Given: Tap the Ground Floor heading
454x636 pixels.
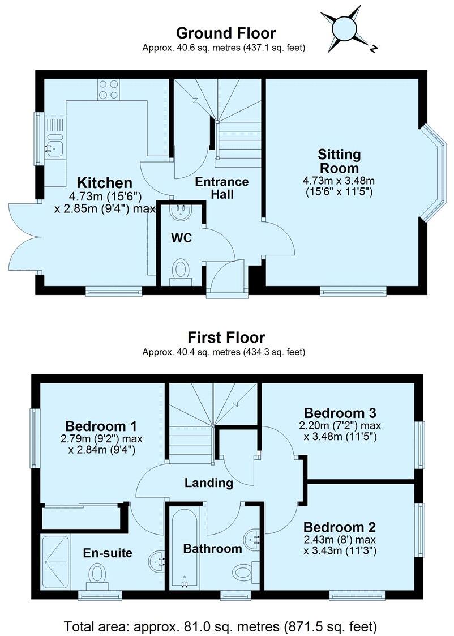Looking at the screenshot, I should click(226, 33).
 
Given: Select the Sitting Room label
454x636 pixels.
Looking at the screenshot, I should click(339, 161).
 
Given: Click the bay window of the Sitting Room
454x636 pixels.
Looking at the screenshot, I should click(435, 173).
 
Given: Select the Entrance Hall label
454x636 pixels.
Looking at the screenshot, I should click(221, 188).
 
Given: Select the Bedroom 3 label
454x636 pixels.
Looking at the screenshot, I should click(340, 412).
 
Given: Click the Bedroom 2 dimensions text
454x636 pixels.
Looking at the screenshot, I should click(339, 545).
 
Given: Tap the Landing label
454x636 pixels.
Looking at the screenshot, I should click(209, 483).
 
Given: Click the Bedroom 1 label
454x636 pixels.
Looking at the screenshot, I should click(101, 426).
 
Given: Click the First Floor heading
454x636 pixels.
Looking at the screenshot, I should click(226, 338).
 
